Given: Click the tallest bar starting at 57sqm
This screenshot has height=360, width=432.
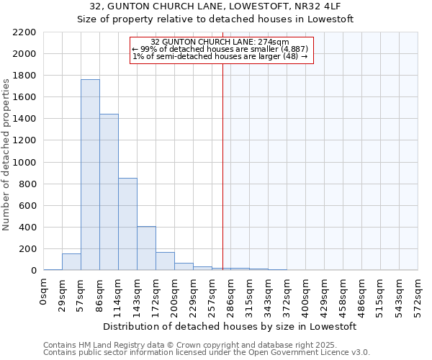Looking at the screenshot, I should (x=90, y=175).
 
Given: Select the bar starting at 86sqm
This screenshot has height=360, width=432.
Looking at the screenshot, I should (x=109, y=192).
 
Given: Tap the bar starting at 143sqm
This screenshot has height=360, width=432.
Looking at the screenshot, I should (x=146, y=248).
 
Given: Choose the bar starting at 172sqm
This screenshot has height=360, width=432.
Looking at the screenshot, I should (x=165, y=261).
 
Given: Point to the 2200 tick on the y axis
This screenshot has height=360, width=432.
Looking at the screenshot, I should (x=24, y=32).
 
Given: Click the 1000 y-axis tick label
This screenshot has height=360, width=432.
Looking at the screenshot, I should (x=24, y=163).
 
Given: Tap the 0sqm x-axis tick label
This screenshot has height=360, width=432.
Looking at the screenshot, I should (x=44, y=291).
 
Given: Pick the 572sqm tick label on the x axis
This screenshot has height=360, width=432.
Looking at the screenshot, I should (x=418, y=294).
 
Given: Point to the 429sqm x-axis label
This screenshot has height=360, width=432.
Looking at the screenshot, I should (x=325, y=294).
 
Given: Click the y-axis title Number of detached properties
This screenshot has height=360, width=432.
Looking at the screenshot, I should (x=7, y=152).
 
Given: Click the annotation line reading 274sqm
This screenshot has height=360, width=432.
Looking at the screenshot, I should (x=220, y=42).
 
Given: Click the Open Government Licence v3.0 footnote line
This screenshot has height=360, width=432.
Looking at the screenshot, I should (x=207, y=353).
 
